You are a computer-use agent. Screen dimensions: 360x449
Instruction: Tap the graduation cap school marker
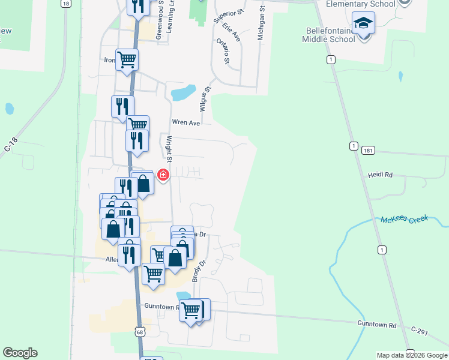point(363,23)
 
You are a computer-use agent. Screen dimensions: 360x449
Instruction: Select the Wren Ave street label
point(185,122)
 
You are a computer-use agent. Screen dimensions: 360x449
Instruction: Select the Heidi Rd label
point(380,175)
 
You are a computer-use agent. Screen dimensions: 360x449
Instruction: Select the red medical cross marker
point(163,175)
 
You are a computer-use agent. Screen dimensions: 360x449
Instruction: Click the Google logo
point(20,353)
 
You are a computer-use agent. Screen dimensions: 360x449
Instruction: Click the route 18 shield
point(65,4)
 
